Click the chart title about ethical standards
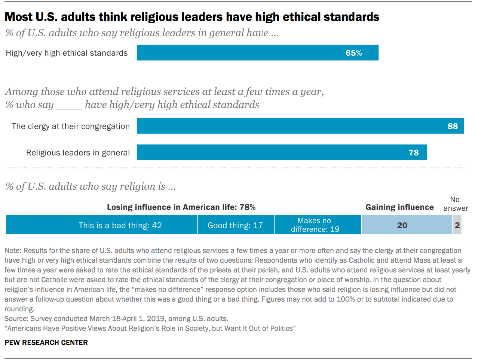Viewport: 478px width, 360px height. click(x=192, y=17)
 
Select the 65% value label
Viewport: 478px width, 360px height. click(x=353, y=53)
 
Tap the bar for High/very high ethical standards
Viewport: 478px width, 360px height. click(x=239, y=53)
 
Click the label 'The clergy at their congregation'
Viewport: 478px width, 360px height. click(x=71, y=126)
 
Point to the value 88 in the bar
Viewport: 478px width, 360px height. click(x=453, y=126)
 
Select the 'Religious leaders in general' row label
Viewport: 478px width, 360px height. click(x=78, y=153)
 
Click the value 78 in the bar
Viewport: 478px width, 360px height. click(x=414, y=153)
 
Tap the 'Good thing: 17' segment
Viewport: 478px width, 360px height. click(x=236, y=225)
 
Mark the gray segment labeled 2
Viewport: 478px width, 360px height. click(x=457, y=225)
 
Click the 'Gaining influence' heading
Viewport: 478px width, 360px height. click(x=399, y=207)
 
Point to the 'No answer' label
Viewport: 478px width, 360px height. click(x=456, y=204)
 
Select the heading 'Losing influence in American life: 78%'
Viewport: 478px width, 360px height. click(x=181, y=207)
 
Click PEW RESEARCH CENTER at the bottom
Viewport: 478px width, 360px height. click(x=46, y=342)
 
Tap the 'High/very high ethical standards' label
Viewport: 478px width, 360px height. click(x=67, y=53)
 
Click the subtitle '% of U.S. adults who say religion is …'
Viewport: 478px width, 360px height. click(x=91, y=186)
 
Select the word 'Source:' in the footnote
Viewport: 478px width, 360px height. click(x=16, y=319)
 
